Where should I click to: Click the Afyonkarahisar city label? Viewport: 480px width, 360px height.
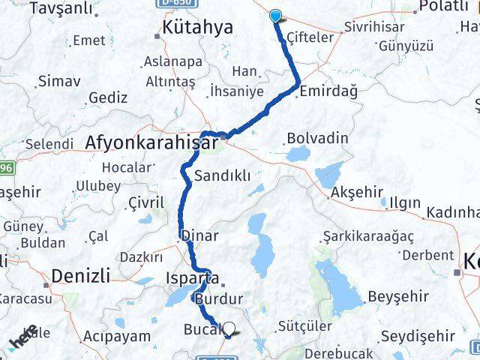point(152,141)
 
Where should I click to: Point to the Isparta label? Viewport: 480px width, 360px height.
point(192,277)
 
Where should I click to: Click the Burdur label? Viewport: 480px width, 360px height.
point(218,298)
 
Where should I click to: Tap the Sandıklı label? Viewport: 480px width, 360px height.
point(222,177)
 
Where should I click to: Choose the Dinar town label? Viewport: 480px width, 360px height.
point(200,235)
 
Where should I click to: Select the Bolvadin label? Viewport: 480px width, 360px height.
point(317,139)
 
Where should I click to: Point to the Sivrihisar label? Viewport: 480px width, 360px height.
point(374,27)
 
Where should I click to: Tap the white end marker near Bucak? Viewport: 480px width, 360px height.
point(229,328)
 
